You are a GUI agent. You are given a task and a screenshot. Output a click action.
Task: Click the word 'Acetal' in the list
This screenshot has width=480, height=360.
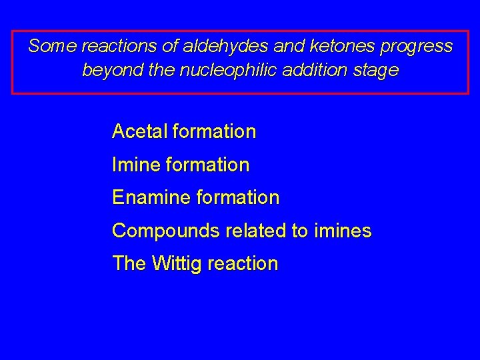click(139, 131)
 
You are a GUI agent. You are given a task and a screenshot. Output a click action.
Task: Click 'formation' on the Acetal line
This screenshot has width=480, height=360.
click(214, 131)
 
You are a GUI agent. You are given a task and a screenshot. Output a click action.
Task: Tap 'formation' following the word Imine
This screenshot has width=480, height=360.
click(208, 164)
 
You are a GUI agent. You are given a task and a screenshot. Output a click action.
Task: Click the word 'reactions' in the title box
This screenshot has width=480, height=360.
click(116, 47)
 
